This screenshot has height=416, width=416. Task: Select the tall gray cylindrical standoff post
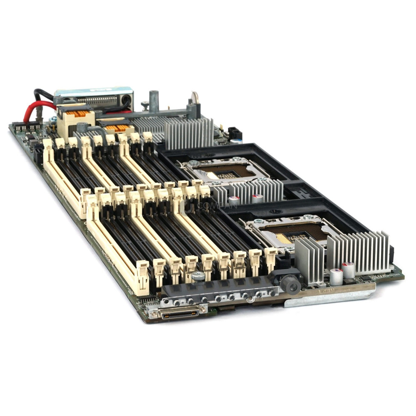tap(154, 101)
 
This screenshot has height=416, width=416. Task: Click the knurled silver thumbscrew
tap(198, 276)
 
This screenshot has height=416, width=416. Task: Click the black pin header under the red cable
tap(27, 127)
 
